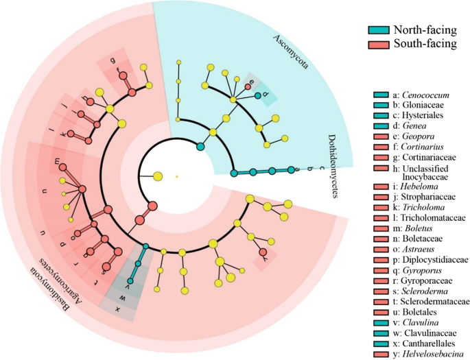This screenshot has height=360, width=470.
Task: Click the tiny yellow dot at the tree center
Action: click(x=177, y=177)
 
